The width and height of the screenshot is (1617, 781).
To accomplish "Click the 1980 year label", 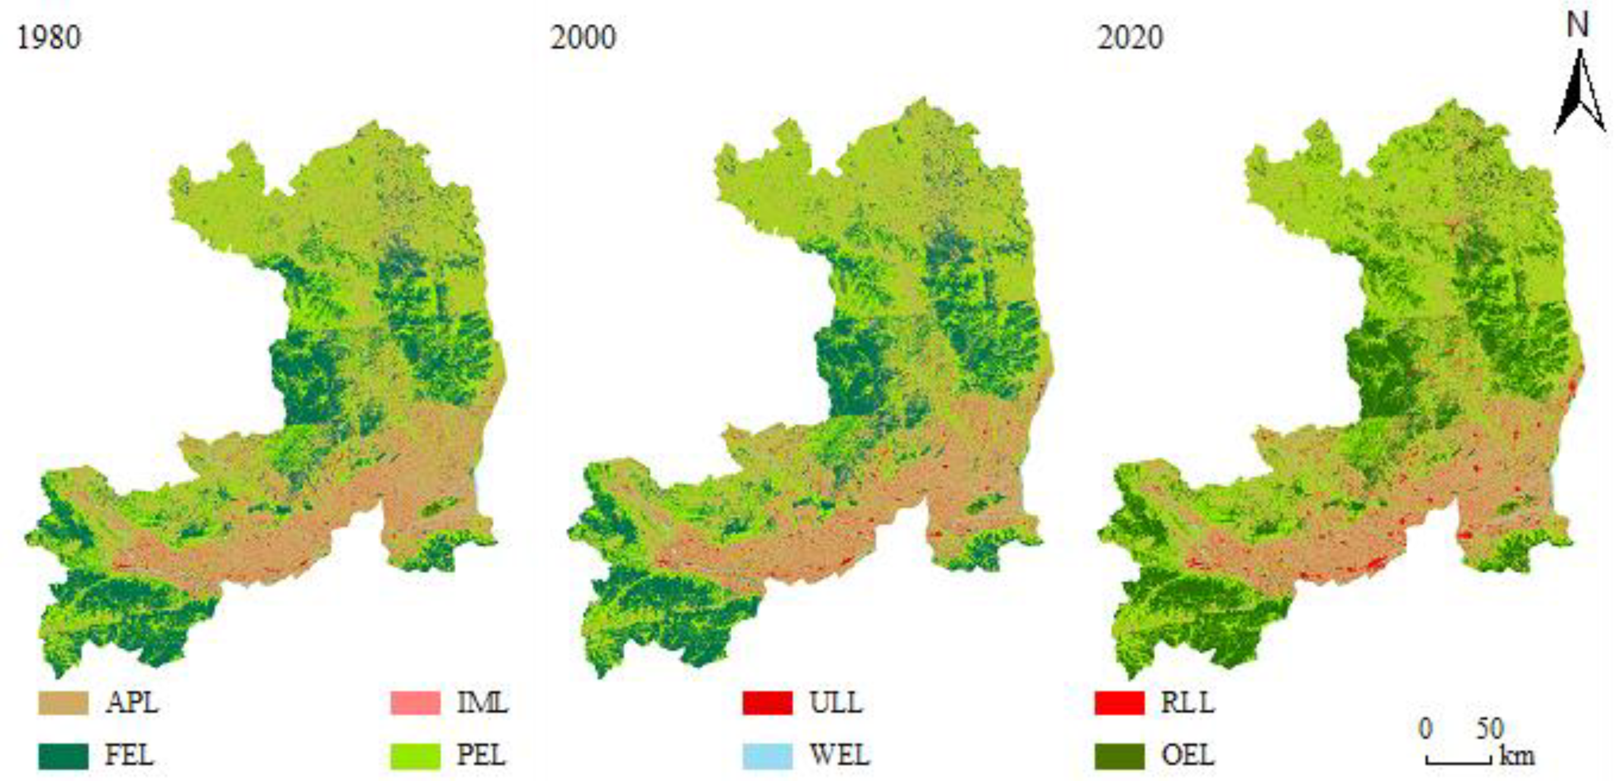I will click(49, 37).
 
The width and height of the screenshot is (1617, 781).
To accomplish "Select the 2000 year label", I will click(583, 37).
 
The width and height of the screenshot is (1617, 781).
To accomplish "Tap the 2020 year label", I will click(1130, 37).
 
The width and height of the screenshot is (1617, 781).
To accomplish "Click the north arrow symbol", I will click(1579, 94).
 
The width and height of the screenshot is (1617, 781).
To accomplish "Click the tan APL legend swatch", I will click(64, 702).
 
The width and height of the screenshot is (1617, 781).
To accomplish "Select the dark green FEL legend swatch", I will click(64, 755).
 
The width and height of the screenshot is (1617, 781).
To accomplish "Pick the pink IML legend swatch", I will click(416, 702).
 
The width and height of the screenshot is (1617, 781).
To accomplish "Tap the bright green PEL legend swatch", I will click(416, 755).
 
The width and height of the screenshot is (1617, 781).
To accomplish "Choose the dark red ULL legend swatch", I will click(767, 702).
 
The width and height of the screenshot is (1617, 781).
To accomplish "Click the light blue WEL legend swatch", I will click(767, 755).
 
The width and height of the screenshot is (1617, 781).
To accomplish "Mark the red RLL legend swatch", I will click(1119, 702).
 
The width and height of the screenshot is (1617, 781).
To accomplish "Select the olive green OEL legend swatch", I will click(1119, 755).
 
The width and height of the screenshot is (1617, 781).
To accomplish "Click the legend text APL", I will click(132, 702).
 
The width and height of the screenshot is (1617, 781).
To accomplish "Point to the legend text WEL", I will click(839, 755).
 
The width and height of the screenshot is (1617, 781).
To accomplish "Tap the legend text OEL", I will click(1188, 755).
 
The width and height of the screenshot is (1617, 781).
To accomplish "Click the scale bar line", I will click(1458, 761).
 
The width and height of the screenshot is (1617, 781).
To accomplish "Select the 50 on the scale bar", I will click(1490, 729).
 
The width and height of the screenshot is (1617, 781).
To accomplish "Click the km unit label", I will click(1516, 756).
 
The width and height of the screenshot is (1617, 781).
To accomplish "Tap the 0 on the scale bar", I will click(1426, 729).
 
